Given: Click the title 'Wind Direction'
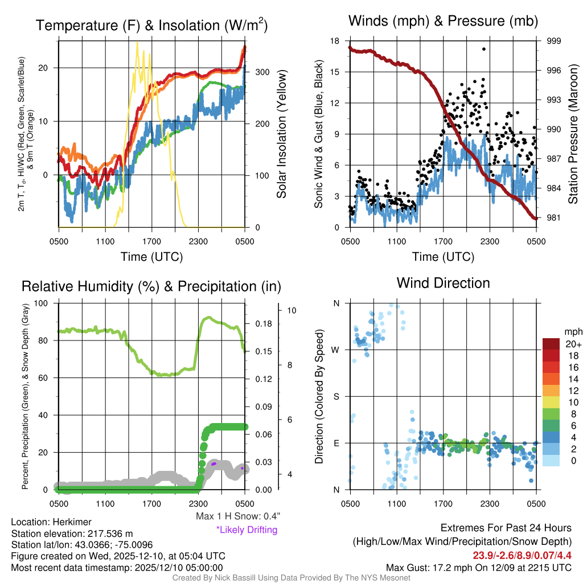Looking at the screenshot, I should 443,283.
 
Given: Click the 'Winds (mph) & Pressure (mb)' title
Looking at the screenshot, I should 443,22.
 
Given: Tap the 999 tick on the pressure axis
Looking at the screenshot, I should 553,41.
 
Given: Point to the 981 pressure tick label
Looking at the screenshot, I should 553,217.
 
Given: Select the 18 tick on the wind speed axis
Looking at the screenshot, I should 335,41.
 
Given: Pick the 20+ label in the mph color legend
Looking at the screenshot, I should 573,344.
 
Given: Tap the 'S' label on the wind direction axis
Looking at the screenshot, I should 336,396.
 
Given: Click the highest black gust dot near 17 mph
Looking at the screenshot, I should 483,49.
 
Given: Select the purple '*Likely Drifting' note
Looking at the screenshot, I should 247,530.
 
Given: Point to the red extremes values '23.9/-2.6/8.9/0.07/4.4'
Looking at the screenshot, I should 522,555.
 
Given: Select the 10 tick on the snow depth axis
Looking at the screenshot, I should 292,311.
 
